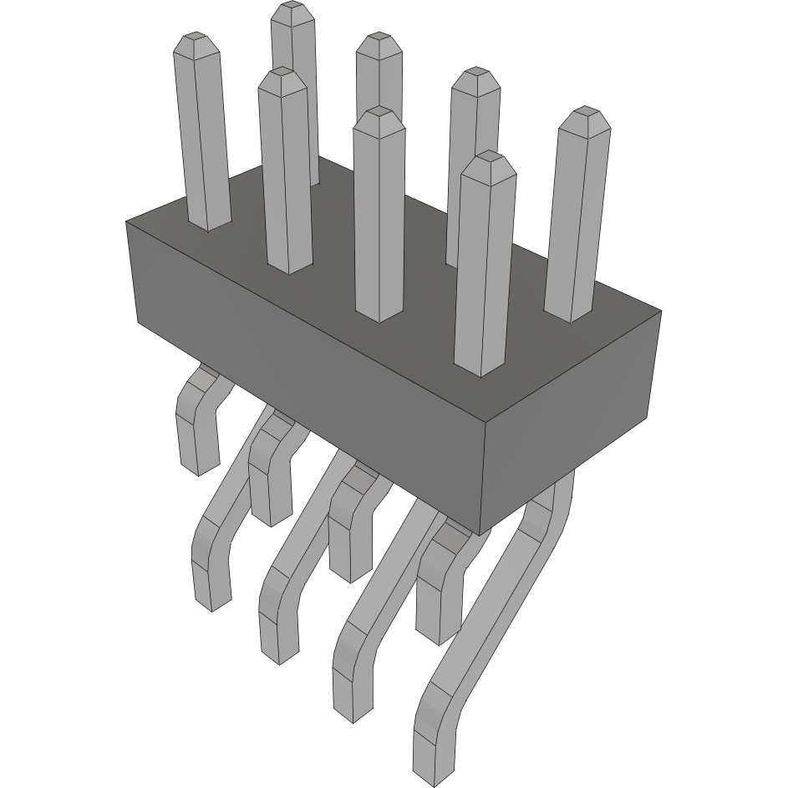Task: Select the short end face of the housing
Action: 572,418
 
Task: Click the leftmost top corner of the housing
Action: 126,221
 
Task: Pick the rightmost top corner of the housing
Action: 661,312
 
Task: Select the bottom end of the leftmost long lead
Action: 213,603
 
